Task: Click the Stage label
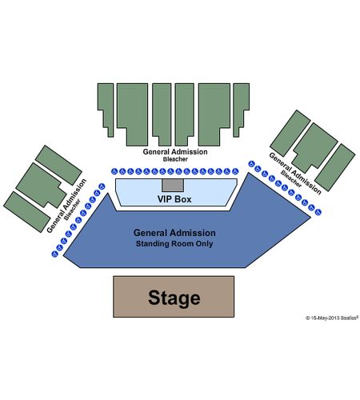(x=174, y=298)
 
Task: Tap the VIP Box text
(x=174, y=199)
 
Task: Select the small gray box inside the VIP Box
(x=173, y=185)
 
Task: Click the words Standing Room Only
(x=174, y=244)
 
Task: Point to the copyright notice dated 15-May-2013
(x=332, y=318)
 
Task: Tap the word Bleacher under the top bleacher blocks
(x=175, y=159)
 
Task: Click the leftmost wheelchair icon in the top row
(x=114, y=171)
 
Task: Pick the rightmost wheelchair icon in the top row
(x=235, y=171)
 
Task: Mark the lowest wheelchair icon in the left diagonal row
(x=54, y=254)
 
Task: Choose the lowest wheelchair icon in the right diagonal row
(x=318, y=212)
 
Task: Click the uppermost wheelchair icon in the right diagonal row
(x=251, y=164)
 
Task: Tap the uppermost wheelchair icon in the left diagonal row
(x=102, y=186)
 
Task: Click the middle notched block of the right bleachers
(x=315, y=147)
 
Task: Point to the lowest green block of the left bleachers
(x=26, y=212)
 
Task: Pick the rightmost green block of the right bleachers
(x=335, y=167)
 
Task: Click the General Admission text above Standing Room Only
(x=174, y=233)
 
